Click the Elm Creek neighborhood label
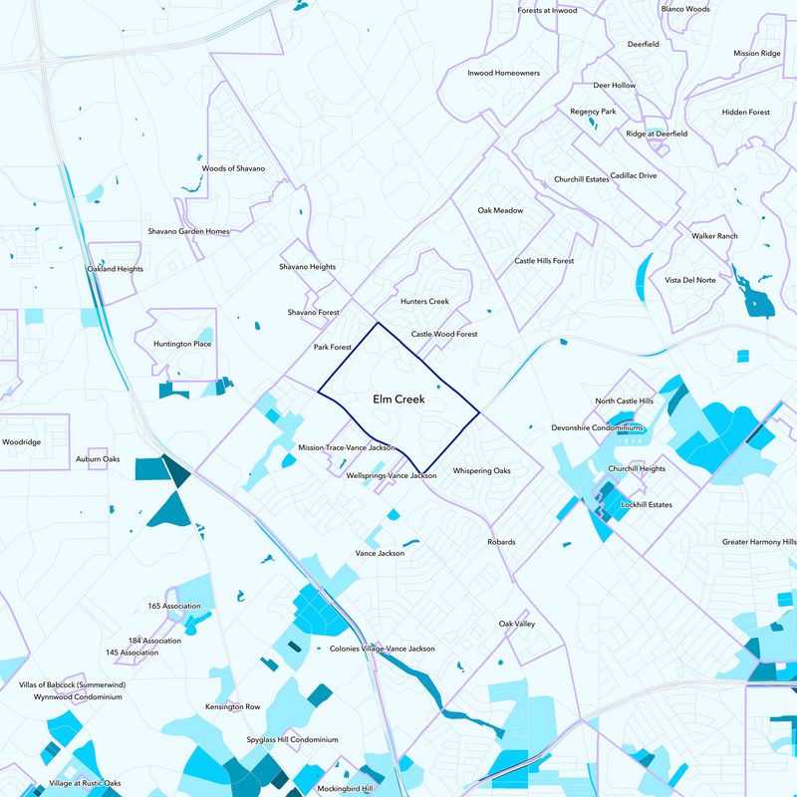398,399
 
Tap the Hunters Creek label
424,302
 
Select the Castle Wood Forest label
444,335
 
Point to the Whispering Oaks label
481,471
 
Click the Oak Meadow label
500,211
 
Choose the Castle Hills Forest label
544,261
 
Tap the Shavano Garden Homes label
188,232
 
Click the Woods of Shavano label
233,169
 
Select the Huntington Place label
182,345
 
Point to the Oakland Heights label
116,270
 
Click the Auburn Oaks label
98,459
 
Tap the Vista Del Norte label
690,281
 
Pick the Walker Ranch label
714,236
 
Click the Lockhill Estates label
647,505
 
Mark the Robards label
501,542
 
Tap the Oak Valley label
517,624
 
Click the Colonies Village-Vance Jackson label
382,649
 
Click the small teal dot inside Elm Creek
437,387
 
